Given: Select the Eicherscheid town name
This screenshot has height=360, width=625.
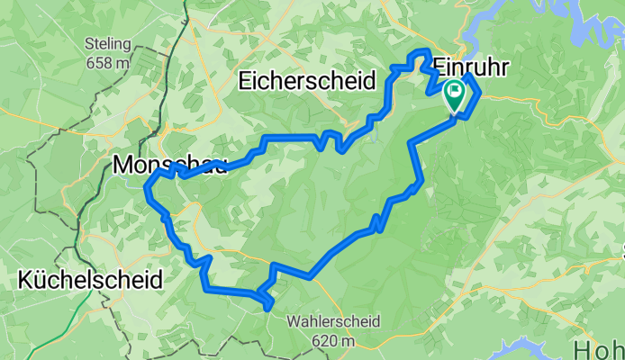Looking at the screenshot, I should [x=306, y=81].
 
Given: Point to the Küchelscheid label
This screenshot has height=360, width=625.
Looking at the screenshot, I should [x=90, y=280].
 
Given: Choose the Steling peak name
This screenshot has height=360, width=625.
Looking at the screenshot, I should [x=108, y=43].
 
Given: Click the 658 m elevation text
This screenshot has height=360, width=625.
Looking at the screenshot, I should [x=108, y=62].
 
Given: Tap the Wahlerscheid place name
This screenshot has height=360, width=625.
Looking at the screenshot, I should [x=333, y=321].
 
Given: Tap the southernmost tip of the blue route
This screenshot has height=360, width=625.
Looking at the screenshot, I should [x=268, y=310].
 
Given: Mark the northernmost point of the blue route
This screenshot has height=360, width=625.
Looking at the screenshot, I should [x=419, y=52].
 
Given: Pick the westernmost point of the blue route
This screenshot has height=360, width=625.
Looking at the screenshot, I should [x=147, y=187].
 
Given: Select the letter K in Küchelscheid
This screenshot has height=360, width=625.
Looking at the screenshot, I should [x=24, y=280].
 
